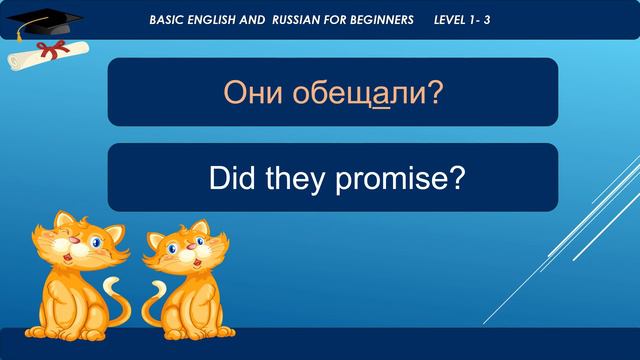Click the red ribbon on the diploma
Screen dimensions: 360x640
(42, 48)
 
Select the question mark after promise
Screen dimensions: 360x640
(456, 178)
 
